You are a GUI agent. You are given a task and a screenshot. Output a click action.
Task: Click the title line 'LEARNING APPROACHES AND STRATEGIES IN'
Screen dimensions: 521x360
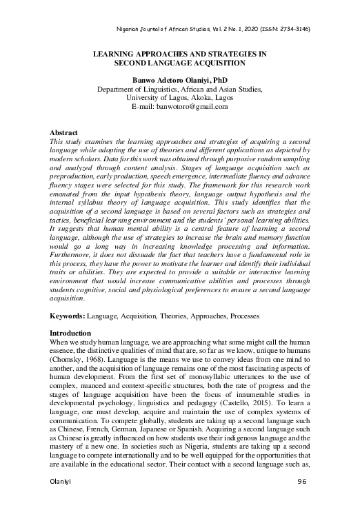[x=179, y=52]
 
